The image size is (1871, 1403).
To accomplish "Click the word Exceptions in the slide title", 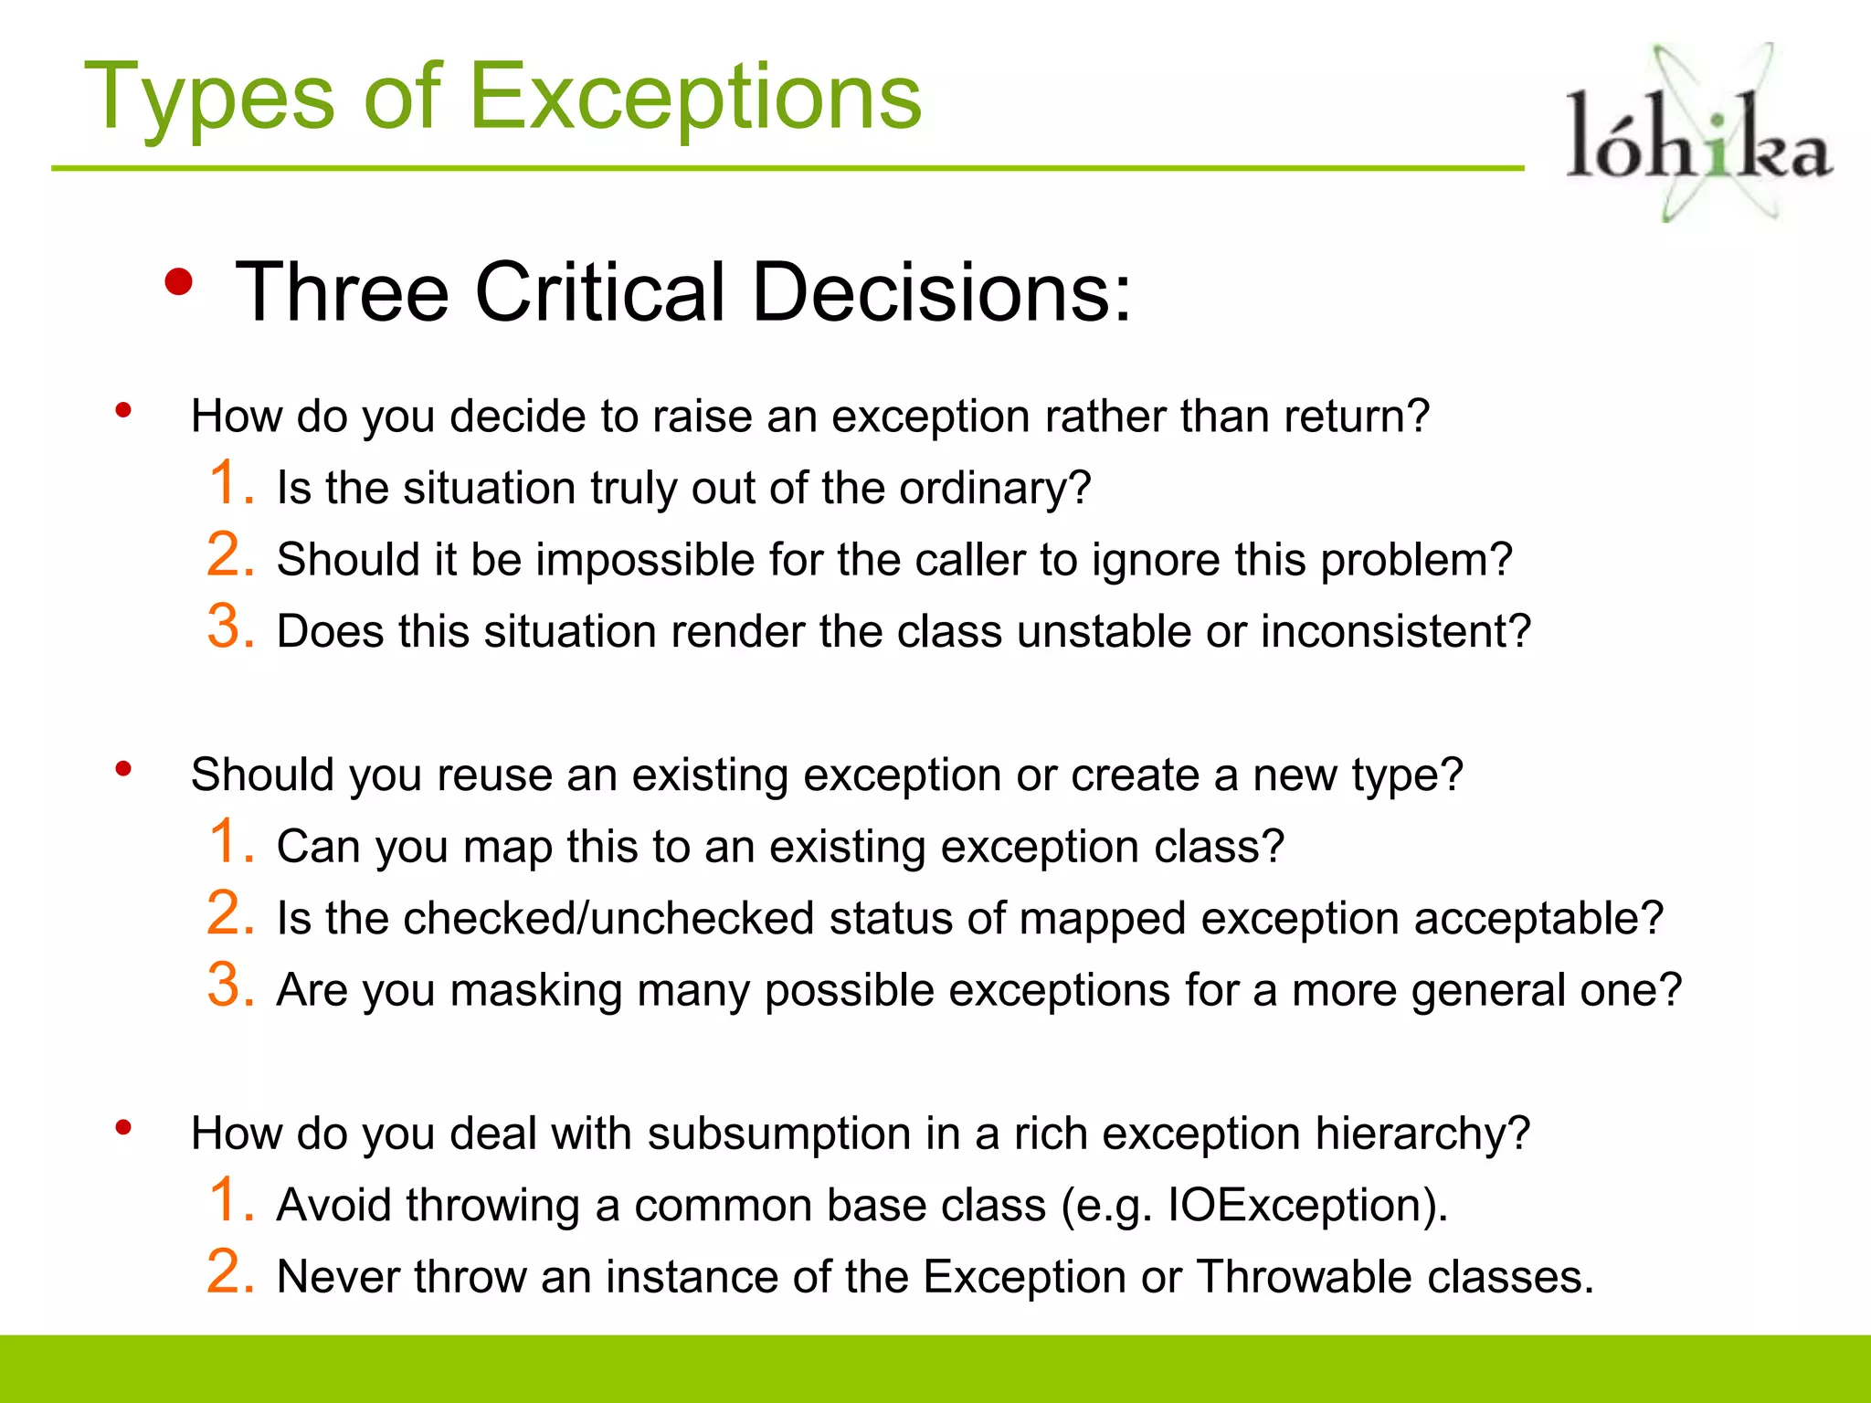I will [x=695, y=98].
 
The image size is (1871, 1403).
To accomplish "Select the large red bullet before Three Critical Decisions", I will [x=179, y=282].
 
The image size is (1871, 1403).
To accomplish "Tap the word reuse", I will [x=493, y=775].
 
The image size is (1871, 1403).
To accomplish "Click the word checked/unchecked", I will [x=608, y=918].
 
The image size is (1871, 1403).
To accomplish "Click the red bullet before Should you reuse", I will [x=123, y=769].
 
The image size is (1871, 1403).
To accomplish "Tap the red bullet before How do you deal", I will [x=123, y=1128].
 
